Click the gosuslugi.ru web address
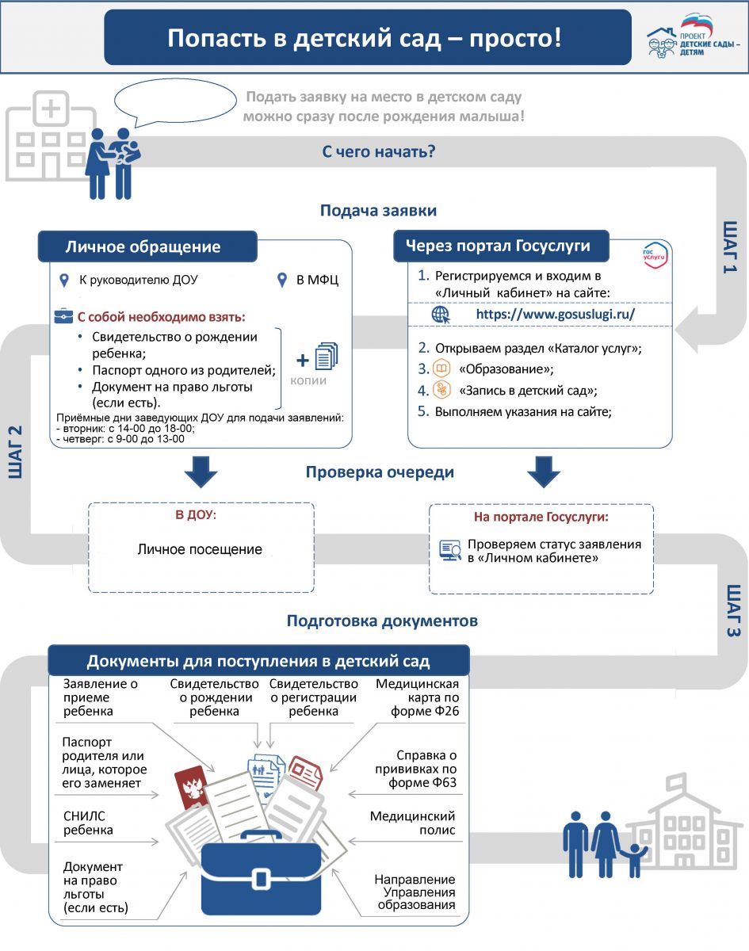(x=556, y=314)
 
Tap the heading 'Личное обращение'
(x=143, y=246)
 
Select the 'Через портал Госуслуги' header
(x=498, y=246)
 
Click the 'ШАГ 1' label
(x=729, y=246)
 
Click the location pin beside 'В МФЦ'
(x=282, y=280)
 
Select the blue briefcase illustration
(x=261, y=873)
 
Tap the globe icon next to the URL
(x=441, y=315)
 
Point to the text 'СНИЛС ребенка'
(x=88, y=823)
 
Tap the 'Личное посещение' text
(x=200, y=549)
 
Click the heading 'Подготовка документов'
(x=382, y=621)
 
